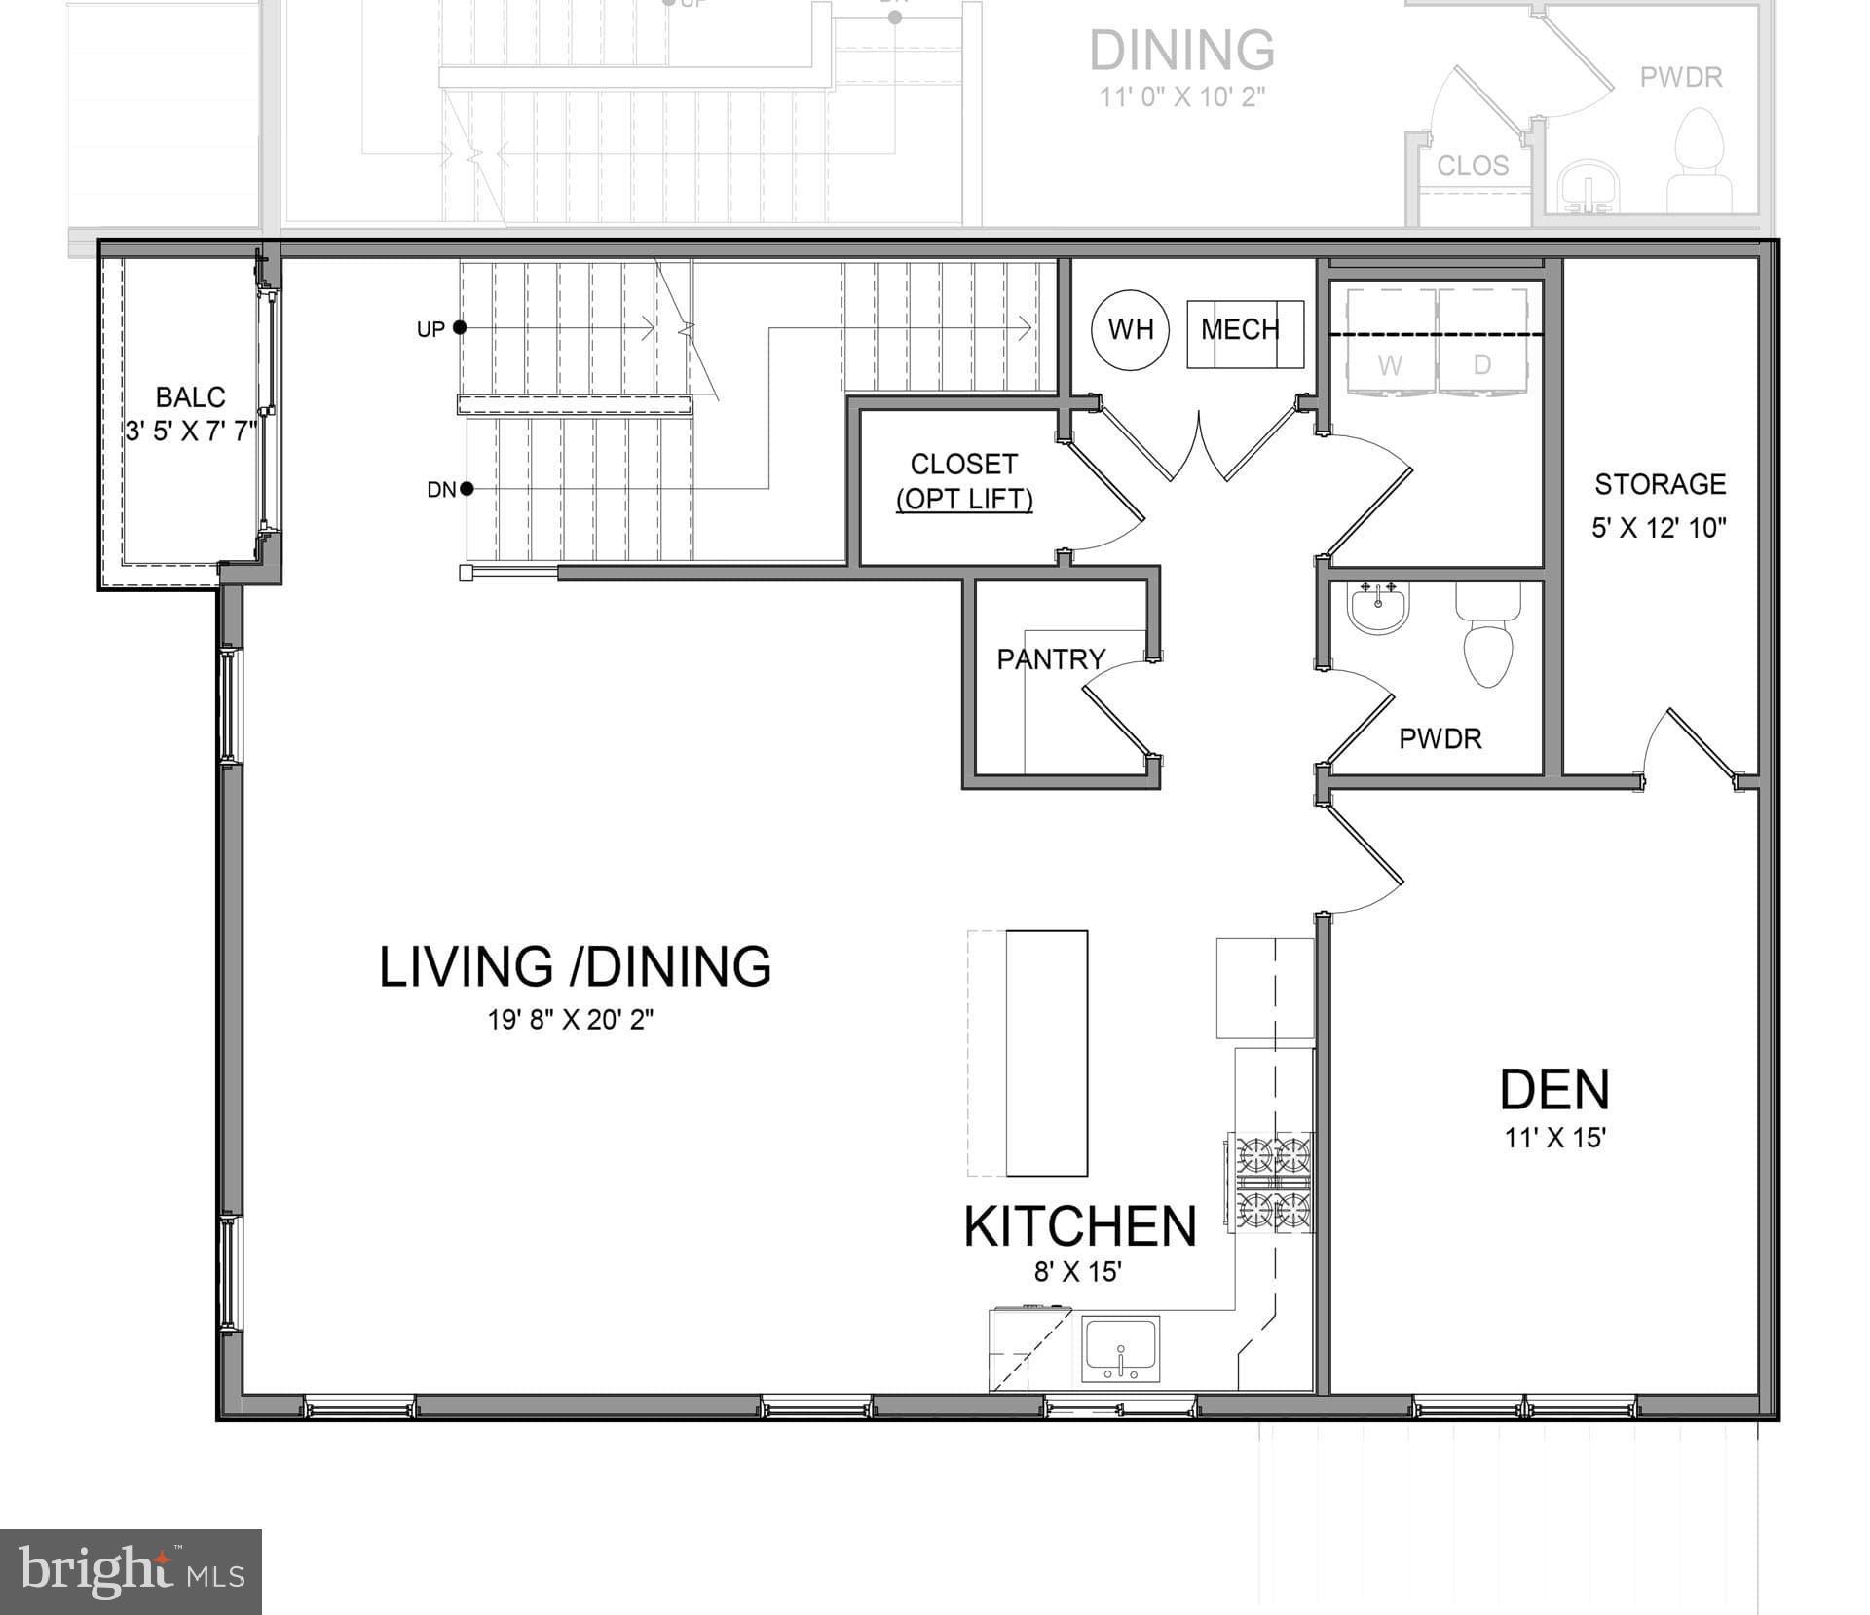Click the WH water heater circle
(1130, 329)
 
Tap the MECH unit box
(1244, 333)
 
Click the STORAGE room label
(1660, 484)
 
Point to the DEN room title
(1553, 1089)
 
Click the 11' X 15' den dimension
(1554, 1138)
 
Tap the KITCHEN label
(1079, 1226)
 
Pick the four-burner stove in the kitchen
(1273, 1182)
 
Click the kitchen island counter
(1046, 1052)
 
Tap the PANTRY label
(1050, 659)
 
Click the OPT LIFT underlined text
(963, 500)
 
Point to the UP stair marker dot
(460, 328)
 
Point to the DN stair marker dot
(467, 488)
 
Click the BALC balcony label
(190, 397)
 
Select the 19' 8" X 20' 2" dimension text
(570, 1020)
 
